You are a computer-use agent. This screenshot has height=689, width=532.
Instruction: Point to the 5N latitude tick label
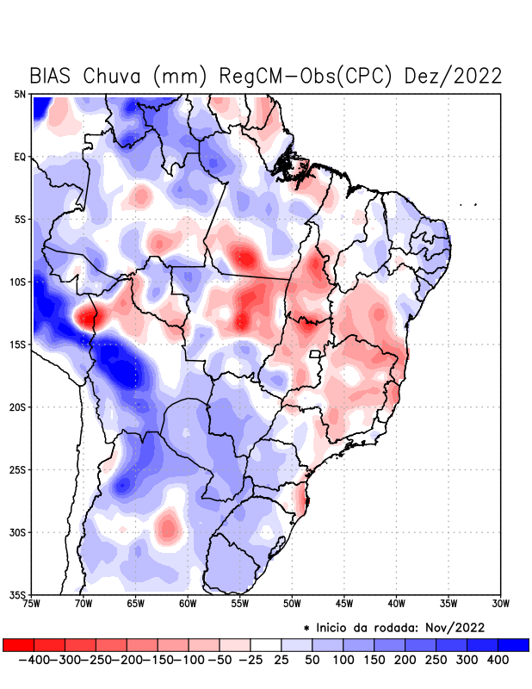(x=20, y=94)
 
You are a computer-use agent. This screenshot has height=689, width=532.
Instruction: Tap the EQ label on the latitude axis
(x=20, y=157)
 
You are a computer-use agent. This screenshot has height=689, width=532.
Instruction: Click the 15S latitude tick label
(x=18, y=344)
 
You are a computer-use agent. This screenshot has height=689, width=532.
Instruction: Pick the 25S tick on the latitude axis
(x=18, y=470)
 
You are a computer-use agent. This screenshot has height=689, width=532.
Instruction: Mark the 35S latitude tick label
(x=18, y=595)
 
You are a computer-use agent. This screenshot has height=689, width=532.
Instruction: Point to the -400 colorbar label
(x=33, y=660)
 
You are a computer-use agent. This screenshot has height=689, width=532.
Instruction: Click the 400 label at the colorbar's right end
(x=498, y=660)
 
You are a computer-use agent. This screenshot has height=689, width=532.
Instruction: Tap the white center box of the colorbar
(x=266, y=644)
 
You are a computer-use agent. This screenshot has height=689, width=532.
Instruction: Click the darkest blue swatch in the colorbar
(x=513, y=644)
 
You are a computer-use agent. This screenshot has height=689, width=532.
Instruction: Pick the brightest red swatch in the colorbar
(x=18, y=644)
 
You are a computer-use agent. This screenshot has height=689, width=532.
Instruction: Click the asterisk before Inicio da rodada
(x=306, y=628)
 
